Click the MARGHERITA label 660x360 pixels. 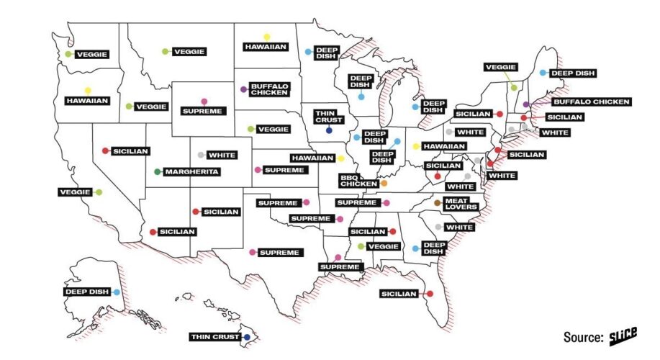[x=191, y=172]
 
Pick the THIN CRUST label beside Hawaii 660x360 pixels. [x=214, y=337]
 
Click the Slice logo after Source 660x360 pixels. [x=625, y=336]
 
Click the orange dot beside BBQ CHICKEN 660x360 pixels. [x=384, y=184]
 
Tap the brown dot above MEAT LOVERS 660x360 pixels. [x=438, y=203]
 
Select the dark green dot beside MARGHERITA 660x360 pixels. [x=158, y=172]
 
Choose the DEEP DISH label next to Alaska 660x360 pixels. [x=85, y=292]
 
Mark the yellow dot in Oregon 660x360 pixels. [x=88, y=90]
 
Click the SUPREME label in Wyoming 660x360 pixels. [x=204, y=112]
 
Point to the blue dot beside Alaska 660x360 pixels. [x=116, y=292]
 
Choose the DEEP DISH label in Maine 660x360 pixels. [x=573, y=73]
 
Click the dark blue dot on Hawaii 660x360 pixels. [x=246, y=337]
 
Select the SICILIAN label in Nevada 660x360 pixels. [x=130, y=151]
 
